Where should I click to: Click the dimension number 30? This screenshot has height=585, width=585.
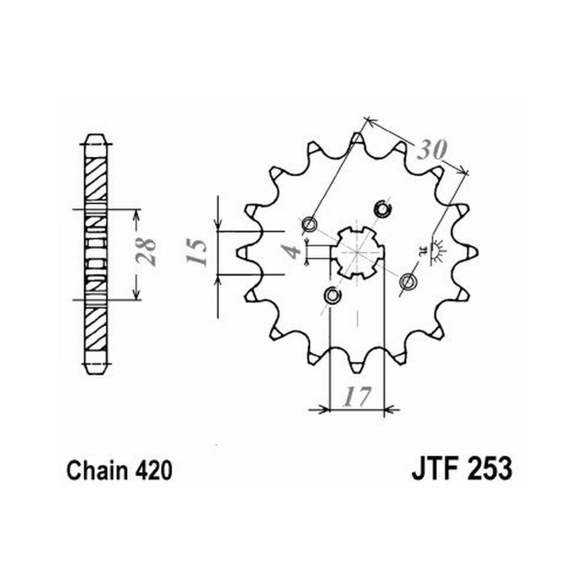(x=431, y=150)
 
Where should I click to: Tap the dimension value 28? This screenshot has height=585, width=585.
(x=146, y=252)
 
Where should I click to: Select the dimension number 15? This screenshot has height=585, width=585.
(x=197, y=252)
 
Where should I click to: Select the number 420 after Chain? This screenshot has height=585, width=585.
(x=154, y=470)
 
